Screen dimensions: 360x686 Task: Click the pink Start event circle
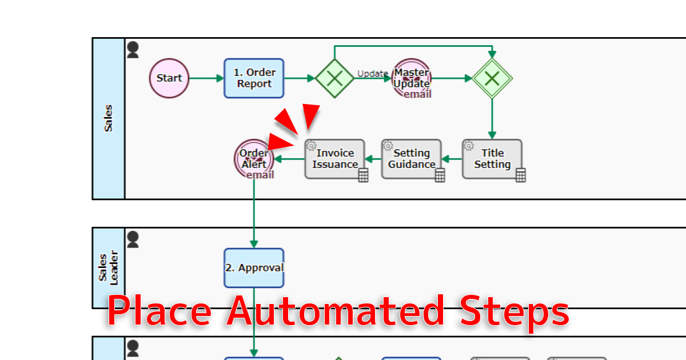coord(169,78)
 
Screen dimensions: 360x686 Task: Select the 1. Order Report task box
coord(254,78)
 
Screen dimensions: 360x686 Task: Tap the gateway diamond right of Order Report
coord(334,78)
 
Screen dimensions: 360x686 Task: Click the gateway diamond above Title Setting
coord(492,78)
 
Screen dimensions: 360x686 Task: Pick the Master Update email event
coord(412,78)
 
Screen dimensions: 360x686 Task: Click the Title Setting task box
coord(492,159)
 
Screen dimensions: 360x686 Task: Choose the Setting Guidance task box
coord(411,159)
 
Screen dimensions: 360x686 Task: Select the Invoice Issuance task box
coord(334,159)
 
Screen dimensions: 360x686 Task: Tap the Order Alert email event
coord(253,158)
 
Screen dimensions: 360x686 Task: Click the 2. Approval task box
coord(254,268)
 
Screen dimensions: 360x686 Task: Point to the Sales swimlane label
coord(109,118)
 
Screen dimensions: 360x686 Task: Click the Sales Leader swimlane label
coord(109,268)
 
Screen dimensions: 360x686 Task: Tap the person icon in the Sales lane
coord(133,50)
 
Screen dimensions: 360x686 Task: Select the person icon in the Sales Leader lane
coord(133,239)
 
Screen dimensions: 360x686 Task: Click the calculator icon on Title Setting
coord(520,175)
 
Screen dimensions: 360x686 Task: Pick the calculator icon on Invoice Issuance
coord(363,175)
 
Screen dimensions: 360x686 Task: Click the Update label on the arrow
coord(373,73)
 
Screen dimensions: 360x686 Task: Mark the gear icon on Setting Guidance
coord(388,145)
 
